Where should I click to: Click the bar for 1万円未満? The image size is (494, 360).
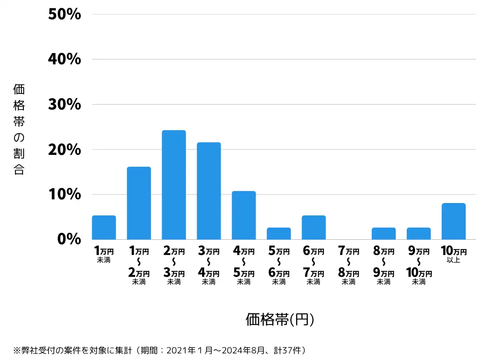(104, 227)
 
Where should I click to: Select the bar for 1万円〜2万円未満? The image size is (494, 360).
(139, 203)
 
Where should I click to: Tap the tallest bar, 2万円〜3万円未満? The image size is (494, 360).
(174, 185)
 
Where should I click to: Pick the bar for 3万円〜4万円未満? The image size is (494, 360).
(209, 191)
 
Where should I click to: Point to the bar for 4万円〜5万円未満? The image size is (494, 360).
(244, 215)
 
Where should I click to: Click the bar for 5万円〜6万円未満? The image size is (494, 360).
(279, 234)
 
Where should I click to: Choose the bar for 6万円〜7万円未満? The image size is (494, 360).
(314, 227)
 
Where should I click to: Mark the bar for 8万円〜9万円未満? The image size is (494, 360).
(384, 234)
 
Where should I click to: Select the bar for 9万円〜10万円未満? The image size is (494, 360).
(419, 234)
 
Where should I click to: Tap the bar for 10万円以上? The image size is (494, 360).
(454, 221)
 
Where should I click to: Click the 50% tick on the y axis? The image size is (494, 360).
(65, 14)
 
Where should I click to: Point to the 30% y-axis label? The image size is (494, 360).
(65, 105)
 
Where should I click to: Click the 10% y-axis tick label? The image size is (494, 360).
(65, 194)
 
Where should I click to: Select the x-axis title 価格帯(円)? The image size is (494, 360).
(280, 319)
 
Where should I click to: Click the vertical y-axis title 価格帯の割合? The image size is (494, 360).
(19, 130)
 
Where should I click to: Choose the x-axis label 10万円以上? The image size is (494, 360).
(453, 255)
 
